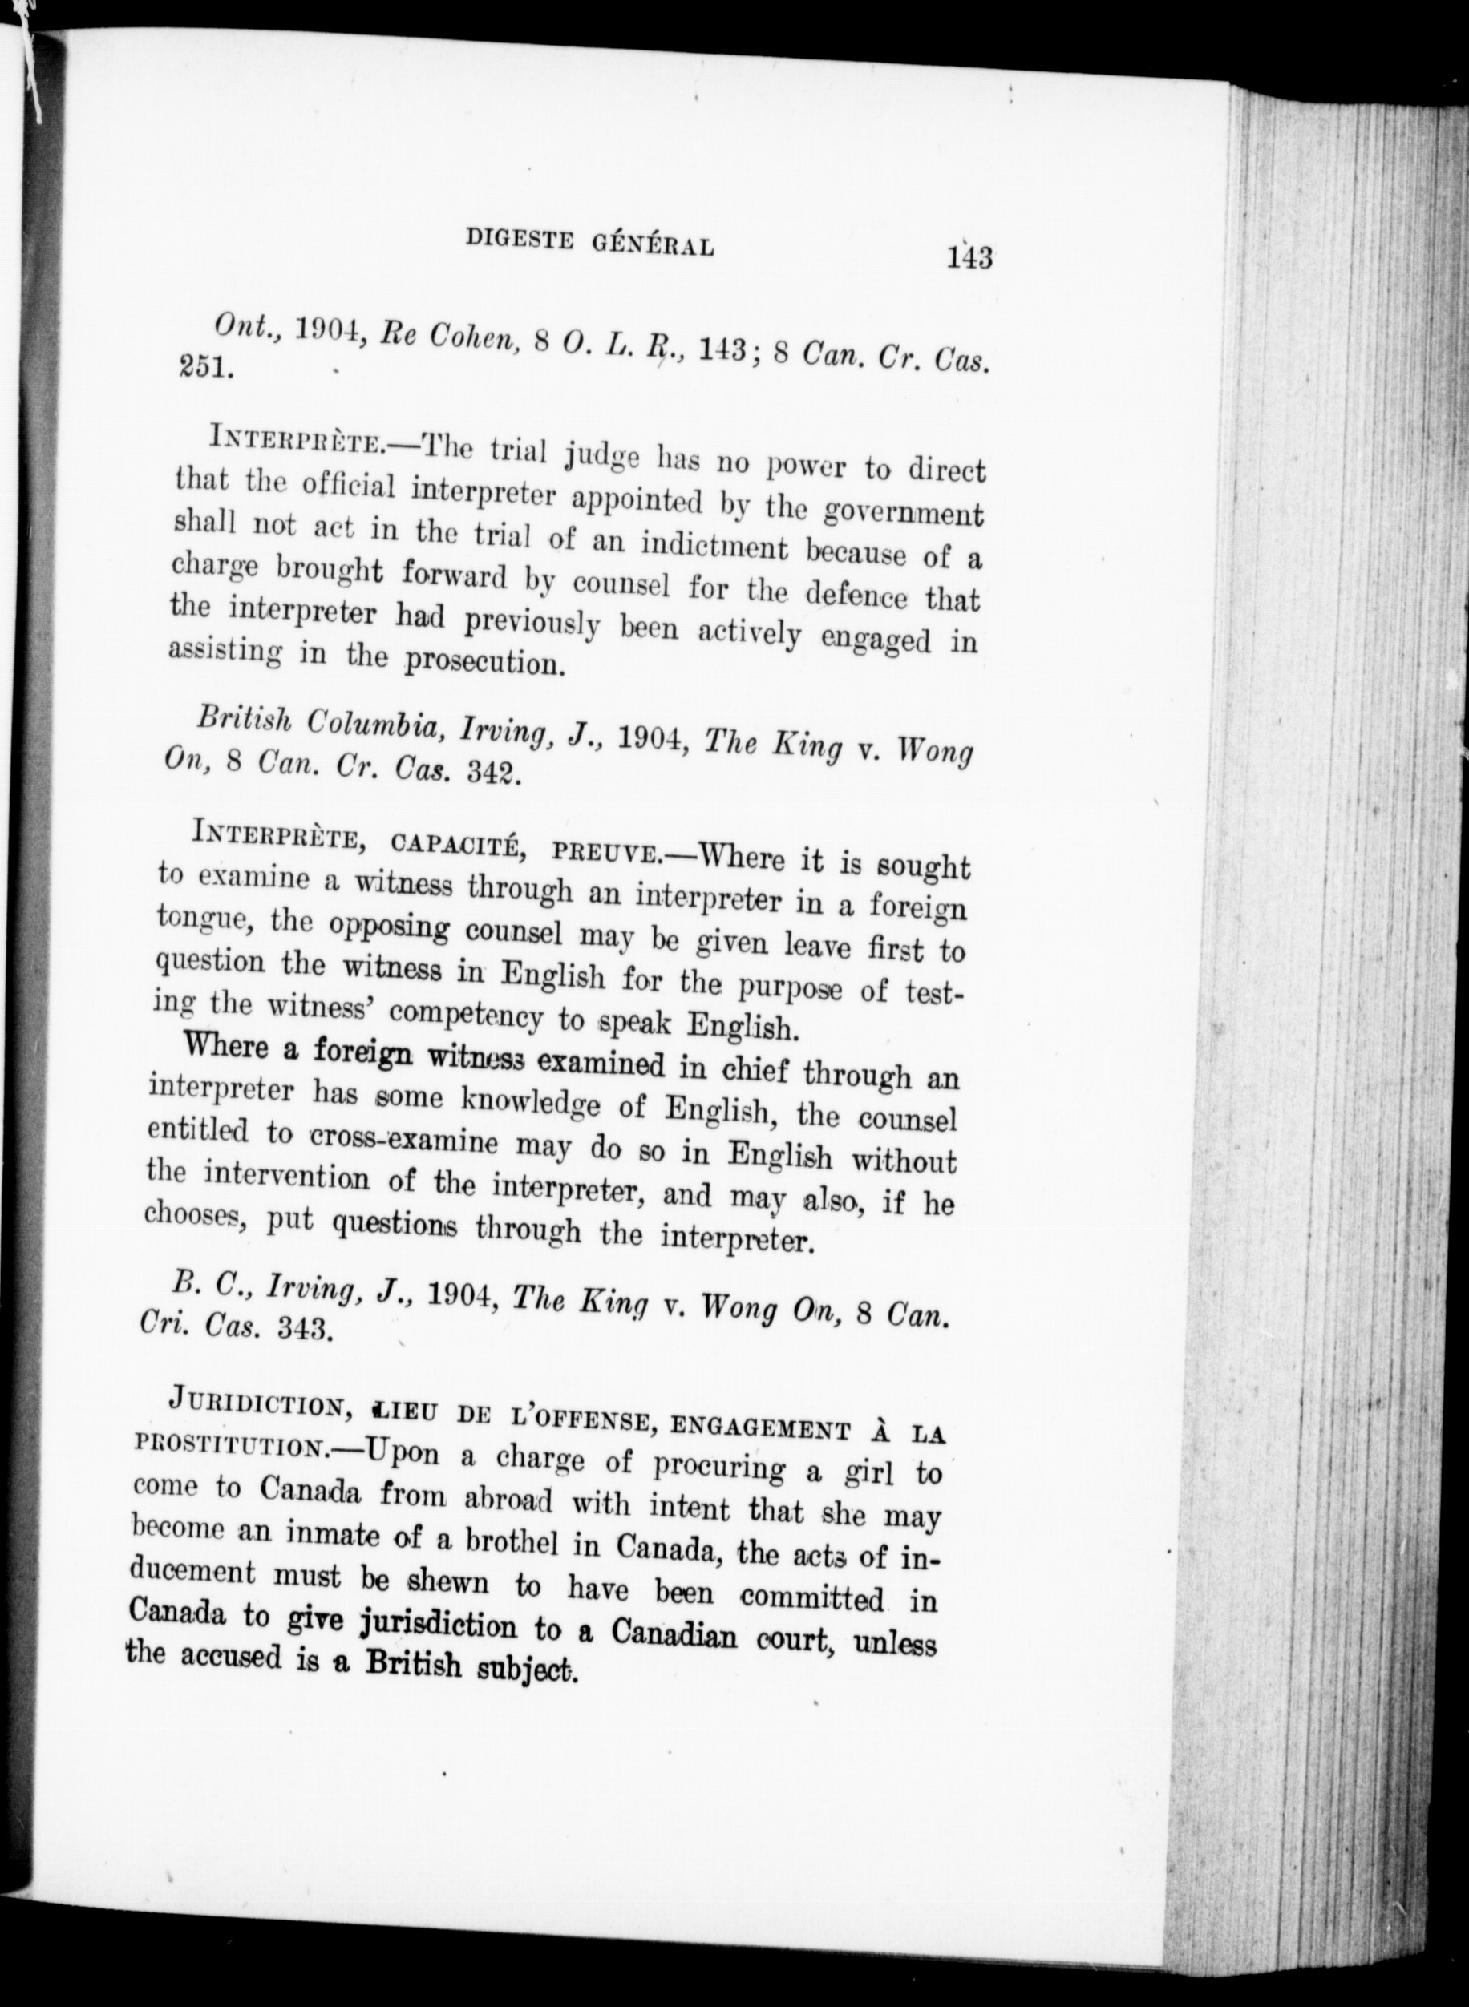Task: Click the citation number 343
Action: [305, 1329]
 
